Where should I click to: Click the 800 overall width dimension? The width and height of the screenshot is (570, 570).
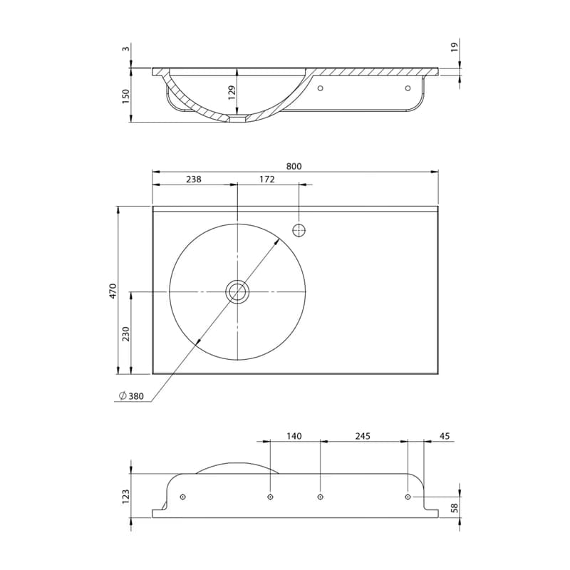point(294,166)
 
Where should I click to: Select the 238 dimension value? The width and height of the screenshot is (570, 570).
point(193,180)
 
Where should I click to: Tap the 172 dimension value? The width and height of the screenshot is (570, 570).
point(267,180)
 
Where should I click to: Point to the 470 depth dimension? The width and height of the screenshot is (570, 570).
point(113,291)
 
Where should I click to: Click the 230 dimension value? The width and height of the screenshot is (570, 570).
point(126,333)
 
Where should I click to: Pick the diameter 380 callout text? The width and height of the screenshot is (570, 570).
point(132,396)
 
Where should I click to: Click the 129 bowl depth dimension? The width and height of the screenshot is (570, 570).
point(232,93)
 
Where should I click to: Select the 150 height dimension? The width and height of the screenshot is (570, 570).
point(126,96)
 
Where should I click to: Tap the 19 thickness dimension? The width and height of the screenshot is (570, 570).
point(455,47)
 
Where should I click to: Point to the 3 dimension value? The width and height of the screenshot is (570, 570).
point(126,48)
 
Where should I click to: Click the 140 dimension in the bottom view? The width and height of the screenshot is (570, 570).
point(294,436)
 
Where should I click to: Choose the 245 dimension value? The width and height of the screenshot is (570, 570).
point(363,436)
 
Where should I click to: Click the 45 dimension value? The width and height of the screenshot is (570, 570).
point(445,436)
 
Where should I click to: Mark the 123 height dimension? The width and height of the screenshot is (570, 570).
point(126,497)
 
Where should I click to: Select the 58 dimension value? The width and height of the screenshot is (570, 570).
point(455,508)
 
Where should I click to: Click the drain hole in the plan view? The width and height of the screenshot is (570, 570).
point(237,291)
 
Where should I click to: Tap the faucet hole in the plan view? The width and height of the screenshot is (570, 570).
point(299,230)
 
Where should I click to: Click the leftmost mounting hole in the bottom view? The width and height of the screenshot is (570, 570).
point(183,497)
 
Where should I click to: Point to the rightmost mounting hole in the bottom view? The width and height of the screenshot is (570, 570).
point(408,497)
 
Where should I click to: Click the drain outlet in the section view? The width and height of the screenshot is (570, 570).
point(238,118)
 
